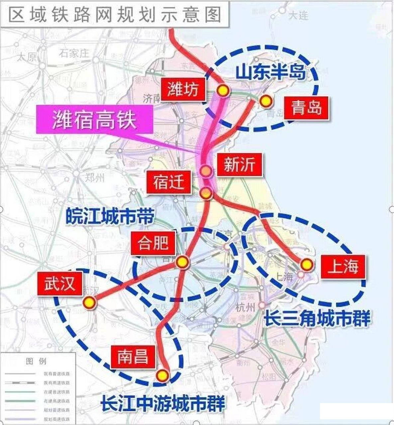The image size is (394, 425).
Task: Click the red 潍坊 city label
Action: click(183, 89)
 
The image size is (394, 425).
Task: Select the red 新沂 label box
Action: click(239, 165)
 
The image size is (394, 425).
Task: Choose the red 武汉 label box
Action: click(59, 284)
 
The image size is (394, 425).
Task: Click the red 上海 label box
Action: click(343, 266)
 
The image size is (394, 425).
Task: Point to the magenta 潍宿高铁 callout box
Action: click(95, 120)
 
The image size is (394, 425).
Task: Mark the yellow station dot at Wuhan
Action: click(89, 302)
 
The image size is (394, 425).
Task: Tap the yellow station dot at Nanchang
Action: click(162, 375)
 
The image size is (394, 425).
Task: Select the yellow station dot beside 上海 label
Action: click(306, 264)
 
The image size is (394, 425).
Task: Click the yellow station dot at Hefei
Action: click(181, 262)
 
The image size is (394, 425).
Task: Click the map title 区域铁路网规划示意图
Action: click(115, 14)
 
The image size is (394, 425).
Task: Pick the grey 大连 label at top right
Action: click(298, 15)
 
